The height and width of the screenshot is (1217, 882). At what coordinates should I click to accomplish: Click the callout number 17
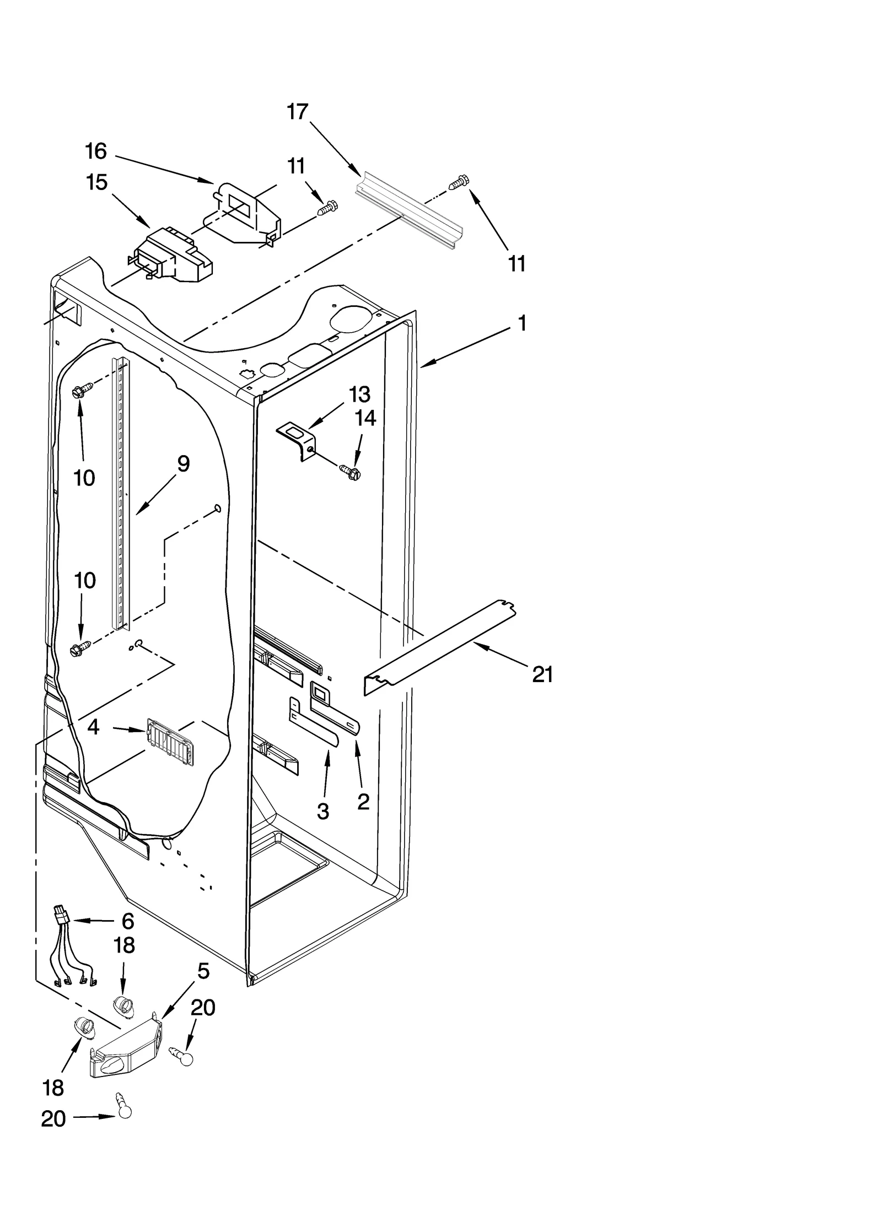pos(297,112)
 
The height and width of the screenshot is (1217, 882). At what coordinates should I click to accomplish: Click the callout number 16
pos(96,151)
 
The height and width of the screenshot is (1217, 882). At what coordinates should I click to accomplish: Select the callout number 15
pos(96,182)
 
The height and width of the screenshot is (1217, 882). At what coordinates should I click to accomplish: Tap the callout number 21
pos(542,674)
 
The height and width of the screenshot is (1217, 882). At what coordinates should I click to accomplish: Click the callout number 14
pos(365,418)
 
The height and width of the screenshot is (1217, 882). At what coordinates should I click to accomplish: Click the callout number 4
pos(94,727)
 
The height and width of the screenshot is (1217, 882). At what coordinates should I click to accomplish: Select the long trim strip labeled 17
pos(408,212)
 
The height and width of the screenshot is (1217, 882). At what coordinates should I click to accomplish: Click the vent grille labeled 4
pos(170,741)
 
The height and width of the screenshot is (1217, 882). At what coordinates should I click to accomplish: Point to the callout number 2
pos(363,802)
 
